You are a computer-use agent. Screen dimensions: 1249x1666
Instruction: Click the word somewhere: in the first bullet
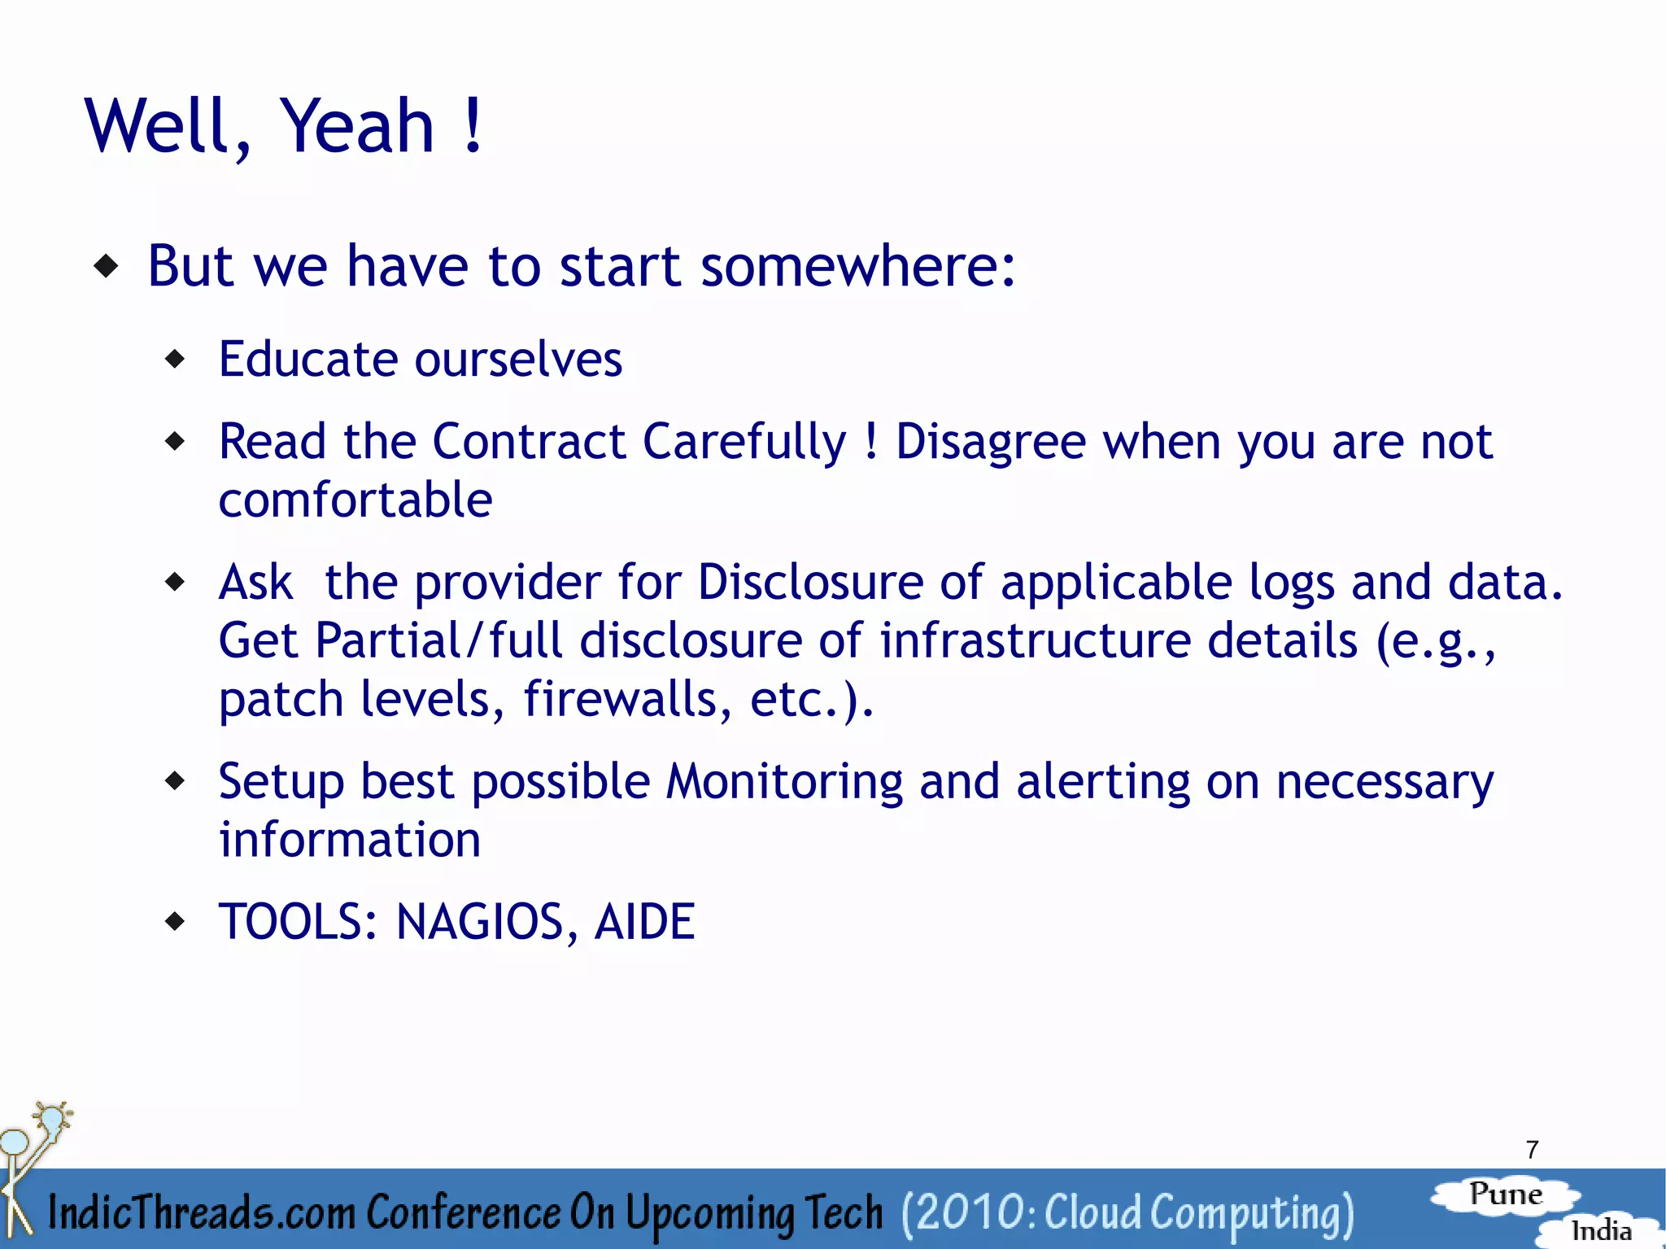point(858,266)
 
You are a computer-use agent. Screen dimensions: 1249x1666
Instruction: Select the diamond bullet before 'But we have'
point(107,266)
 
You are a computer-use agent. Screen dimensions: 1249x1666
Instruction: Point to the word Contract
point(528,442)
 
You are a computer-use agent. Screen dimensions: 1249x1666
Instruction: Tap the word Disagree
point(991,442)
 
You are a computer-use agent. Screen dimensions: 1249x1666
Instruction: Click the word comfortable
point(355,500)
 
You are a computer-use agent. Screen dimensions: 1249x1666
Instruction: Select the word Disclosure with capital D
point(810,583)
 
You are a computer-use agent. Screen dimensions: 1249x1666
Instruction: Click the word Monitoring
point(784,782)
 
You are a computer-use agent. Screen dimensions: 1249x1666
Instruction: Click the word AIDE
point(644,922)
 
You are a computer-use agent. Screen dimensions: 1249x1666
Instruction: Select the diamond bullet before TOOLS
point(175,922)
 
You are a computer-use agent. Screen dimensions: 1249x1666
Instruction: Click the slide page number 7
point(1532,1150)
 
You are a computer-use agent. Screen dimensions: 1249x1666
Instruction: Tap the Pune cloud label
point(1506,1194)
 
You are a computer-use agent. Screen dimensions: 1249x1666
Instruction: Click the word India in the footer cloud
point(1601,1230)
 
